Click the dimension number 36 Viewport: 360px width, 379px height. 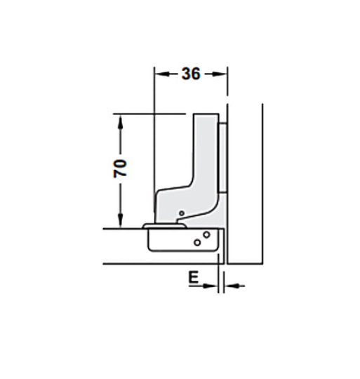[x=191, y=74]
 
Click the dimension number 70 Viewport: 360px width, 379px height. [x=120, y=168]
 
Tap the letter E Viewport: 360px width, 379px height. [x=193, y=277]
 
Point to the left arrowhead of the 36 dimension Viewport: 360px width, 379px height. [x=157, y=74]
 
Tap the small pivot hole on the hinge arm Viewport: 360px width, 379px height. [x=181, y=212]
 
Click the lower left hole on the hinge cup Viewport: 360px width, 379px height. [x=197, y=243]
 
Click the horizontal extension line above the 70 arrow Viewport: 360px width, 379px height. [x=147, y=114]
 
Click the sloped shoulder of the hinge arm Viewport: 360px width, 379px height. [x=175, y=189]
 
